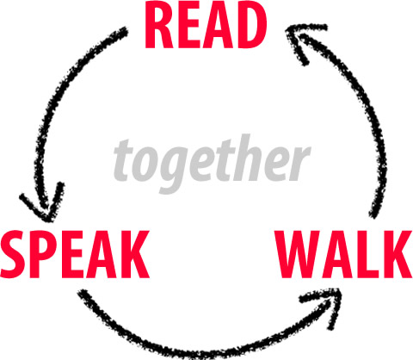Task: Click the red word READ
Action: pyautogui.click(x=206, y=27)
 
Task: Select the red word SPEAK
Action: pyautogui.click(x=75, y=254)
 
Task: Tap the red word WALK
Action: pyautogui.click(x=343, y=254)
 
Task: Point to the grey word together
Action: pyautogui.click(x=212, y=162)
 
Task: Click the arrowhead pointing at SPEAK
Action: pyautogui.click(x=43, y=205)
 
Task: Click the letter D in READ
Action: pyautogui.click(x=252, y=27)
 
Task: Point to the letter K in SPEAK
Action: pyautogui.click(x=135, y=254)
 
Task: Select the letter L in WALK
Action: pyautogui.click(x=370, y=254)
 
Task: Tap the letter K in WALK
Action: pyautogui.click(x=398, y=254)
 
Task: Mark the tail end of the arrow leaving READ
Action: pyautogui.click(x=125, y=29)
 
